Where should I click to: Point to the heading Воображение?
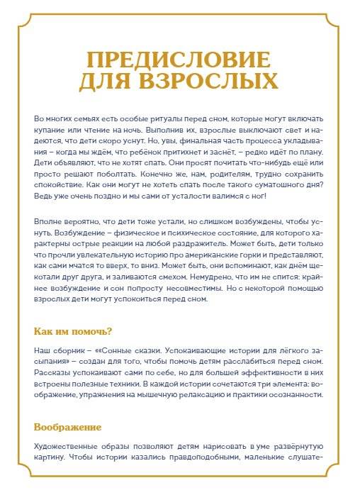click(x=68, y=427)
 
